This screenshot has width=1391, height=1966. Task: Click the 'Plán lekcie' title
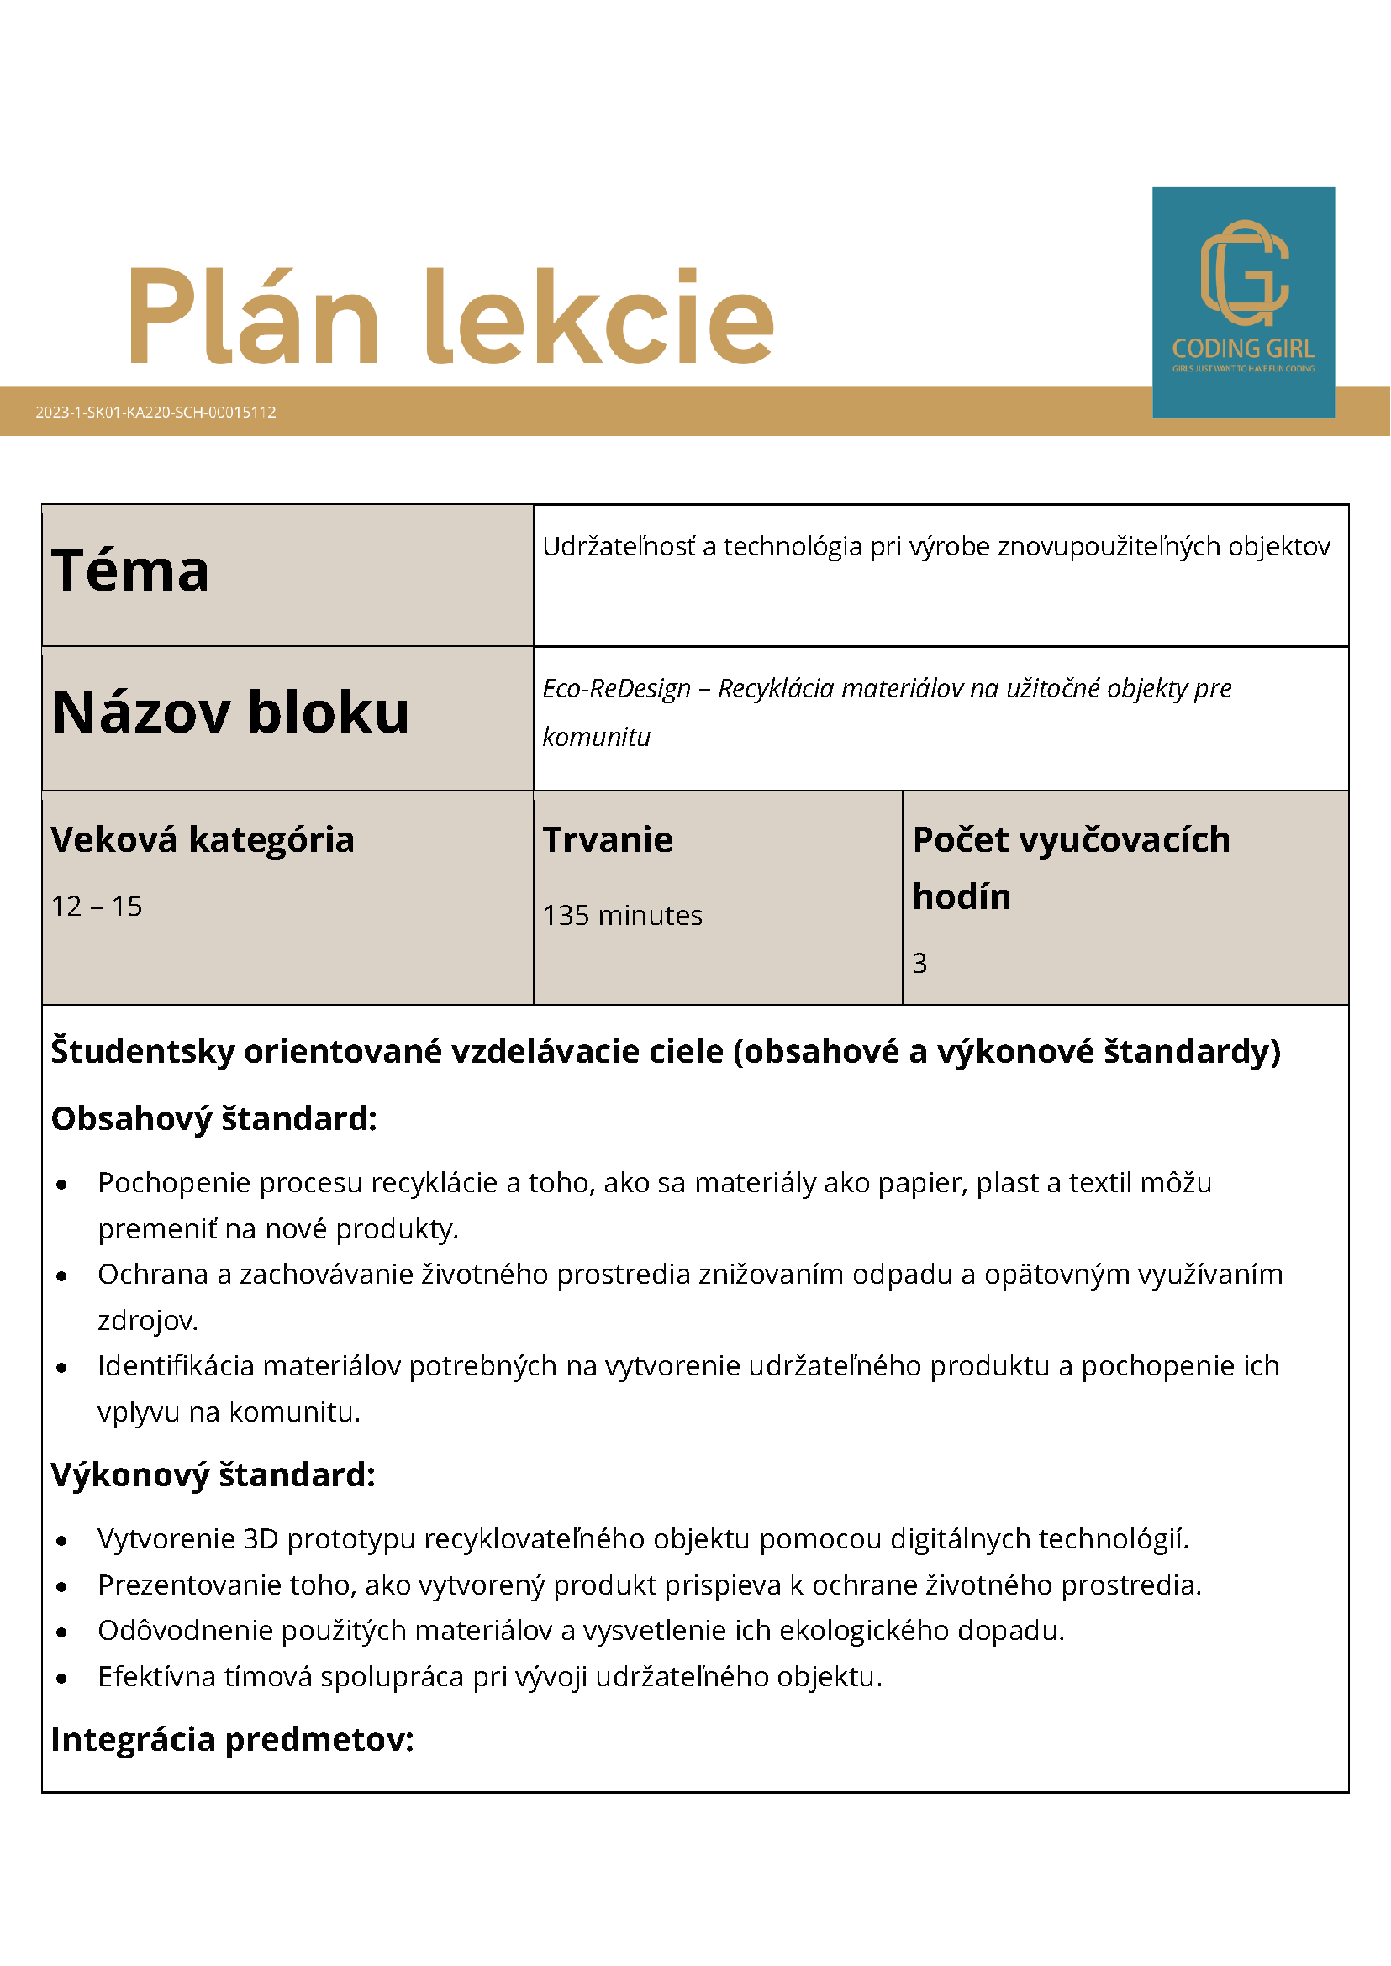click(x=451, y=317)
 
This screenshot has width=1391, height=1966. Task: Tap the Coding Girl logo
click(x=1243, y=302)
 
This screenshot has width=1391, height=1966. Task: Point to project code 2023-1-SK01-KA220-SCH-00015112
click(x=155, y=412)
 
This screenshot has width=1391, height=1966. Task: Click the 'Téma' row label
click(x=130, y=571)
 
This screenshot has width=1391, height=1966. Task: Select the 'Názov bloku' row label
click(x=230, y=712)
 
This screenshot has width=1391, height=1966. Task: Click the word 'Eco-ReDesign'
click(x=616, y=688)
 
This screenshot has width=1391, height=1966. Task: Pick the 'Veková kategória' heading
click(x=203, y=840)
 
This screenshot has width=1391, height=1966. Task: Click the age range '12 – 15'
click(x=97, y=906)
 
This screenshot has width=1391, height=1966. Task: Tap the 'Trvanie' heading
click(x=608, y=840)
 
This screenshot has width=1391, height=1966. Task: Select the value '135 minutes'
click(x=622, y=915)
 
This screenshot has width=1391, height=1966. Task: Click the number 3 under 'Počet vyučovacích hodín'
click(x=919, y=964)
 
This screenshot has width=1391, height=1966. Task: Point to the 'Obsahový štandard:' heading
click(x=214, y=1118)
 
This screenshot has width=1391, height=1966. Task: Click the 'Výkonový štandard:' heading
click(x=213, y=1474)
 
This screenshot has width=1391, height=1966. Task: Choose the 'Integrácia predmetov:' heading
click(x=232, y=1739)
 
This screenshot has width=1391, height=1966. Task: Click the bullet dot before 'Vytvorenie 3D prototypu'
click(x=61, y=1540)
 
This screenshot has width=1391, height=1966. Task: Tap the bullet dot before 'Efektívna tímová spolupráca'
click(x=61, y=1679)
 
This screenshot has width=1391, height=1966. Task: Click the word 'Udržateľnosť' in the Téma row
click(x=619, y=546)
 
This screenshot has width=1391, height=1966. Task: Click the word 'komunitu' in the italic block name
click(x=596, y=738)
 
